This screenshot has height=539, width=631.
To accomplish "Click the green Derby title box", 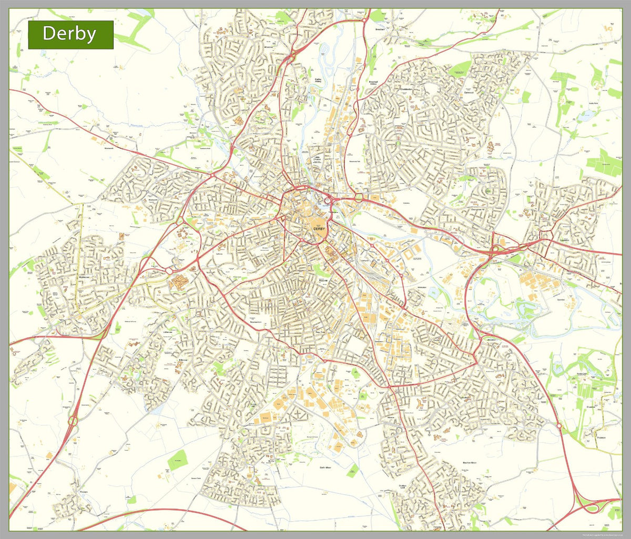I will [x=70, y=35].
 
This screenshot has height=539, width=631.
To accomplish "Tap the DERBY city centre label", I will [x=319, y=229].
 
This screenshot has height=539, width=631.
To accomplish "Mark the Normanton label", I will [x=253, y=322].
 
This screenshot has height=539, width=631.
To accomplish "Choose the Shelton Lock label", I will [x=404, y=487].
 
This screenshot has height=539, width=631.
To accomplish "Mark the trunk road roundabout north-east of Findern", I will [x=73, y=421].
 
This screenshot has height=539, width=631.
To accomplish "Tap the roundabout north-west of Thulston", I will [x=559, y=425].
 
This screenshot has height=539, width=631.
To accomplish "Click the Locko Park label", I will [x=594, y=104].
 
